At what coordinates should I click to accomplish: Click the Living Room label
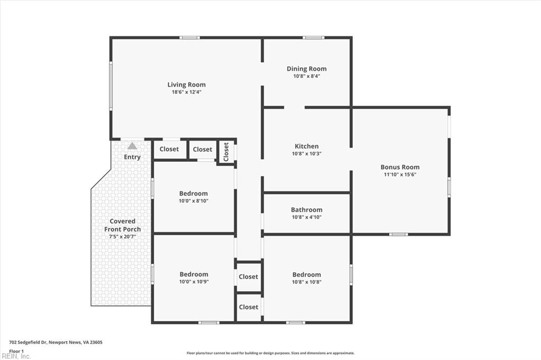point(186,85)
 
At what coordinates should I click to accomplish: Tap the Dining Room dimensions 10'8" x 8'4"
point(307,76)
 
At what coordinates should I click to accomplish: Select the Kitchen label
point(307,146)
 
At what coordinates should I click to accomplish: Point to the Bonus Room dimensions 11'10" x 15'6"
point(400,174)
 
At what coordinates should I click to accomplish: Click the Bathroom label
point(307,209)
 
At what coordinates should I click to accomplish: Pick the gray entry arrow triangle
point(132,146)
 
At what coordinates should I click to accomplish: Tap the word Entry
point(132,157)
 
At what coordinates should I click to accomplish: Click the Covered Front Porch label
point(123,225)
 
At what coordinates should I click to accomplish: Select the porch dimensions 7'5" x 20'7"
point(123,236)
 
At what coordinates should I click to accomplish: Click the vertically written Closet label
point(226,152)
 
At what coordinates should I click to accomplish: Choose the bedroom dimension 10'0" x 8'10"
point(193,200)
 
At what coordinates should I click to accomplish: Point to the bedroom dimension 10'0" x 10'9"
point(193,281)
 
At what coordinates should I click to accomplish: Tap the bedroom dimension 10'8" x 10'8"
point(307,282)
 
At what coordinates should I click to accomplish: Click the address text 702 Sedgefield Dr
point(27,343)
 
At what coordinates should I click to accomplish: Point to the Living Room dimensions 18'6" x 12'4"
point(186,92)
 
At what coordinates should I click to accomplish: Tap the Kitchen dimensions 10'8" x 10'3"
point(307,154)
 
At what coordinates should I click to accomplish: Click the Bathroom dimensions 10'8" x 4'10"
point(307,217)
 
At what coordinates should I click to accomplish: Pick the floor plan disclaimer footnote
point(270,353)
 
